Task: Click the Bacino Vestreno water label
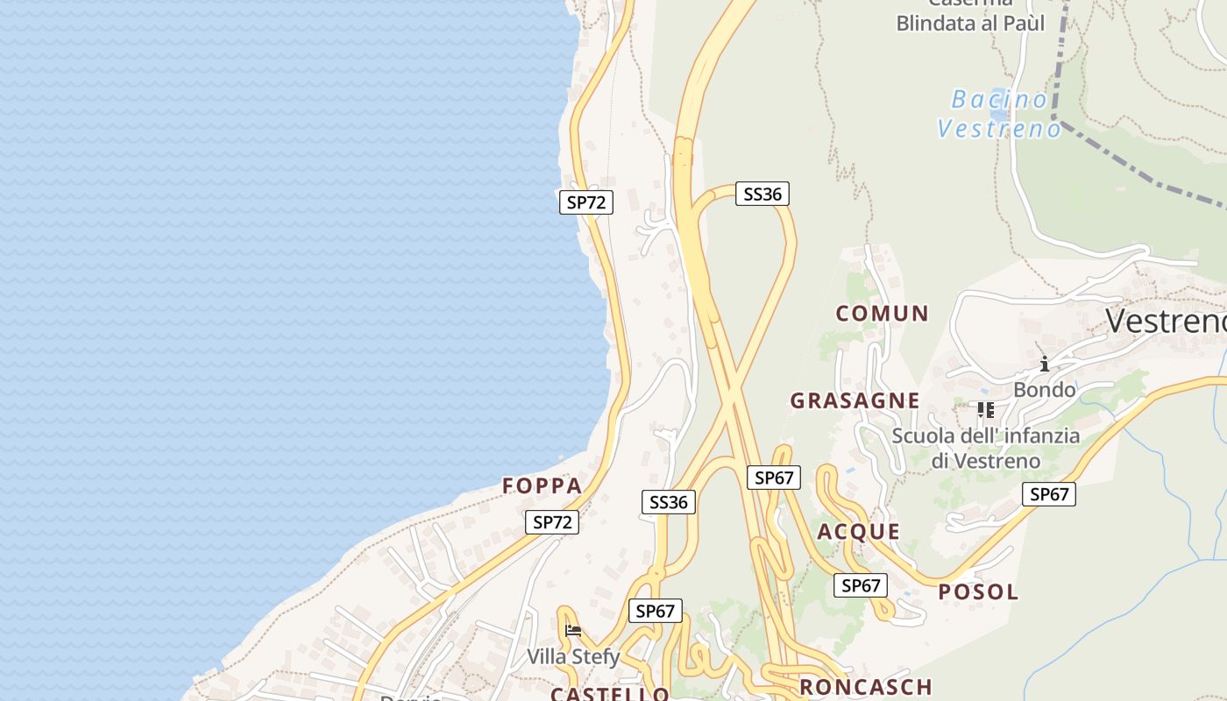tap(998, 114)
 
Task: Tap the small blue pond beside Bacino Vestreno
tap(998, 113)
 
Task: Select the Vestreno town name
tap(1166, 321)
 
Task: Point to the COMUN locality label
tap(882, 313)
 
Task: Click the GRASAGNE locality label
tap(855, 400)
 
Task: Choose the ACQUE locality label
tap(859, 532)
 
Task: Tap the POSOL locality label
tap(978, 591)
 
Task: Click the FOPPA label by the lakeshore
tap(542, 485)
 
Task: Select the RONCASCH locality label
tap(865, 687)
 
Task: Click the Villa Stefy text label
tap(573, 656)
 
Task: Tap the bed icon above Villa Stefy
tap(573, 630)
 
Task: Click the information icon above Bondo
tap(1044, 364)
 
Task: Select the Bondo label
tap(1044, 389)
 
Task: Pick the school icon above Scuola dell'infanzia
tap(985, 409)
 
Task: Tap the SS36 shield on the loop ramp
tap(762, 194)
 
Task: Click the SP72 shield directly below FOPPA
tap(552, 522)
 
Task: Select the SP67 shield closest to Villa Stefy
tap(655, 611)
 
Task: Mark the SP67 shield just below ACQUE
tap(860, 585)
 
